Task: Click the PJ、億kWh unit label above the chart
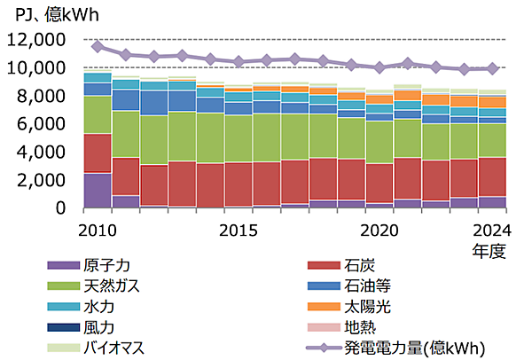(52, 13)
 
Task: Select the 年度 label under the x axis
(489, 251)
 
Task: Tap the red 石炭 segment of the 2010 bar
(98, 153)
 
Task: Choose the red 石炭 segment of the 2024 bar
(492, 177)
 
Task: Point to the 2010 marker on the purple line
(98, 46)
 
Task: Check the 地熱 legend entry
(356, 327)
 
